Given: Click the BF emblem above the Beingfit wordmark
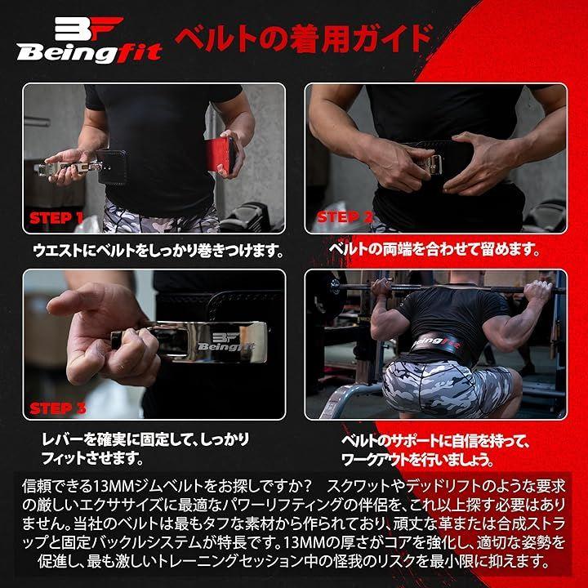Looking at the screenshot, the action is (x=89, y=29).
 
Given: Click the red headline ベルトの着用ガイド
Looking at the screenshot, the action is (x=304, y=38).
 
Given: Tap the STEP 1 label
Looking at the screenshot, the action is (x=56, y=218).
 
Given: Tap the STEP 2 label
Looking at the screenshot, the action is (x=345, y=216).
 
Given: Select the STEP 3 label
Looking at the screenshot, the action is (x=57, y=408).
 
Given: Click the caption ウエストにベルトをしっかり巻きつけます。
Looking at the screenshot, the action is (x=158, y=251).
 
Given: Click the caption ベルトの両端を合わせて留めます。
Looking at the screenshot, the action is (x=434, y=249).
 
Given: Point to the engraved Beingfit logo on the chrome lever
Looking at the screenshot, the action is (x=225, y=341).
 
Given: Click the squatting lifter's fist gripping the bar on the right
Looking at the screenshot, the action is (x=538, y=290).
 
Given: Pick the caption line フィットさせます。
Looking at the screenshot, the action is (x=92, y=458).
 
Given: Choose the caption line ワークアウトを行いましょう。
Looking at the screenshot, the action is (x=417, y=460).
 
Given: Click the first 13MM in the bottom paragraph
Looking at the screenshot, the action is (x=114, y=487).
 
